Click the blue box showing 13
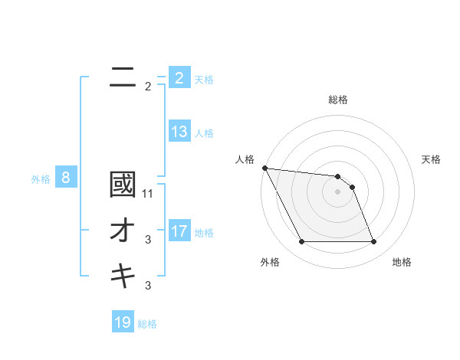click(x=179, y=132)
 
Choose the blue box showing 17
click(x=179, y=231)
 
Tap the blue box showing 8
click(x=66, y=178)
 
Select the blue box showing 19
click(x=123, y=322)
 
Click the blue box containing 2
click(x=179, y=78)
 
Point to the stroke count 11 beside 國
click(x=148, y=194)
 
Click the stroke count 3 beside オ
click(x=147, y=240)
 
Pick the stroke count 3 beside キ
click(x=147, y=286)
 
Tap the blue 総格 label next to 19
click(x=147, y=324)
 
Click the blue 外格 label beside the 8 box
click(x=41, y=179)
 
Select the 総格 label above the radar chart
click(x=338, y=100)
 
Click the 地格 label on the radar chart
click(x=402, y=262)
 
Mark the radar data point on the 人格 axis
click(x=264, y=168)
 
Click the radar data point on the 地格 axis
click(x=374, y=242)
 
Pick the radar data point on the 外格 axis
click(x=301, y=242)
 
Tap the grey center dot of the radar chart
click(x=338, y=191)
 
